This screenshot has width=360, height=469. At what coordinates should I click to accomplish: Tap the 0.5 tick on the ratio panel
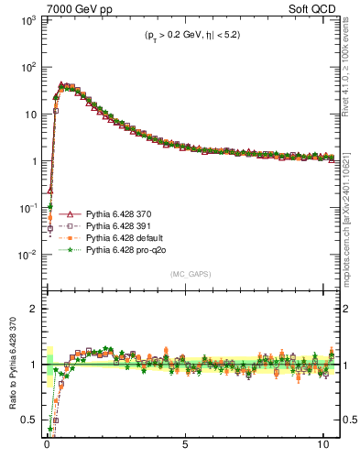point(30,420)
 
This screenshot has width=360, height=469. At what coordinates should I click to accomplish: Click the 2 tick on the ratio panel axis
point(34,309)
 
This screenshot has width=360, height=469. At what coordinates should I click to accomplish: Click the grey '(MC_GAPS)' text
point(186,274)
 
